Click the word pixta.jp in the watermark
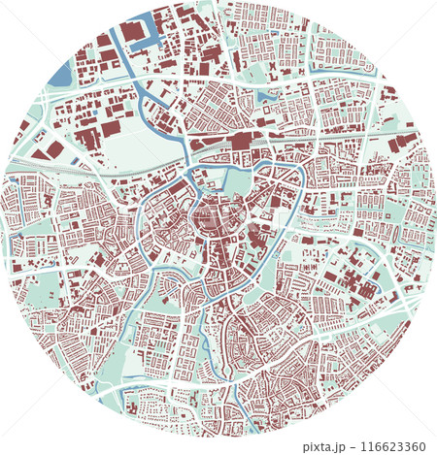coord(328,447)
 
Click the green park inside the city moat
coord(236,181)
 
